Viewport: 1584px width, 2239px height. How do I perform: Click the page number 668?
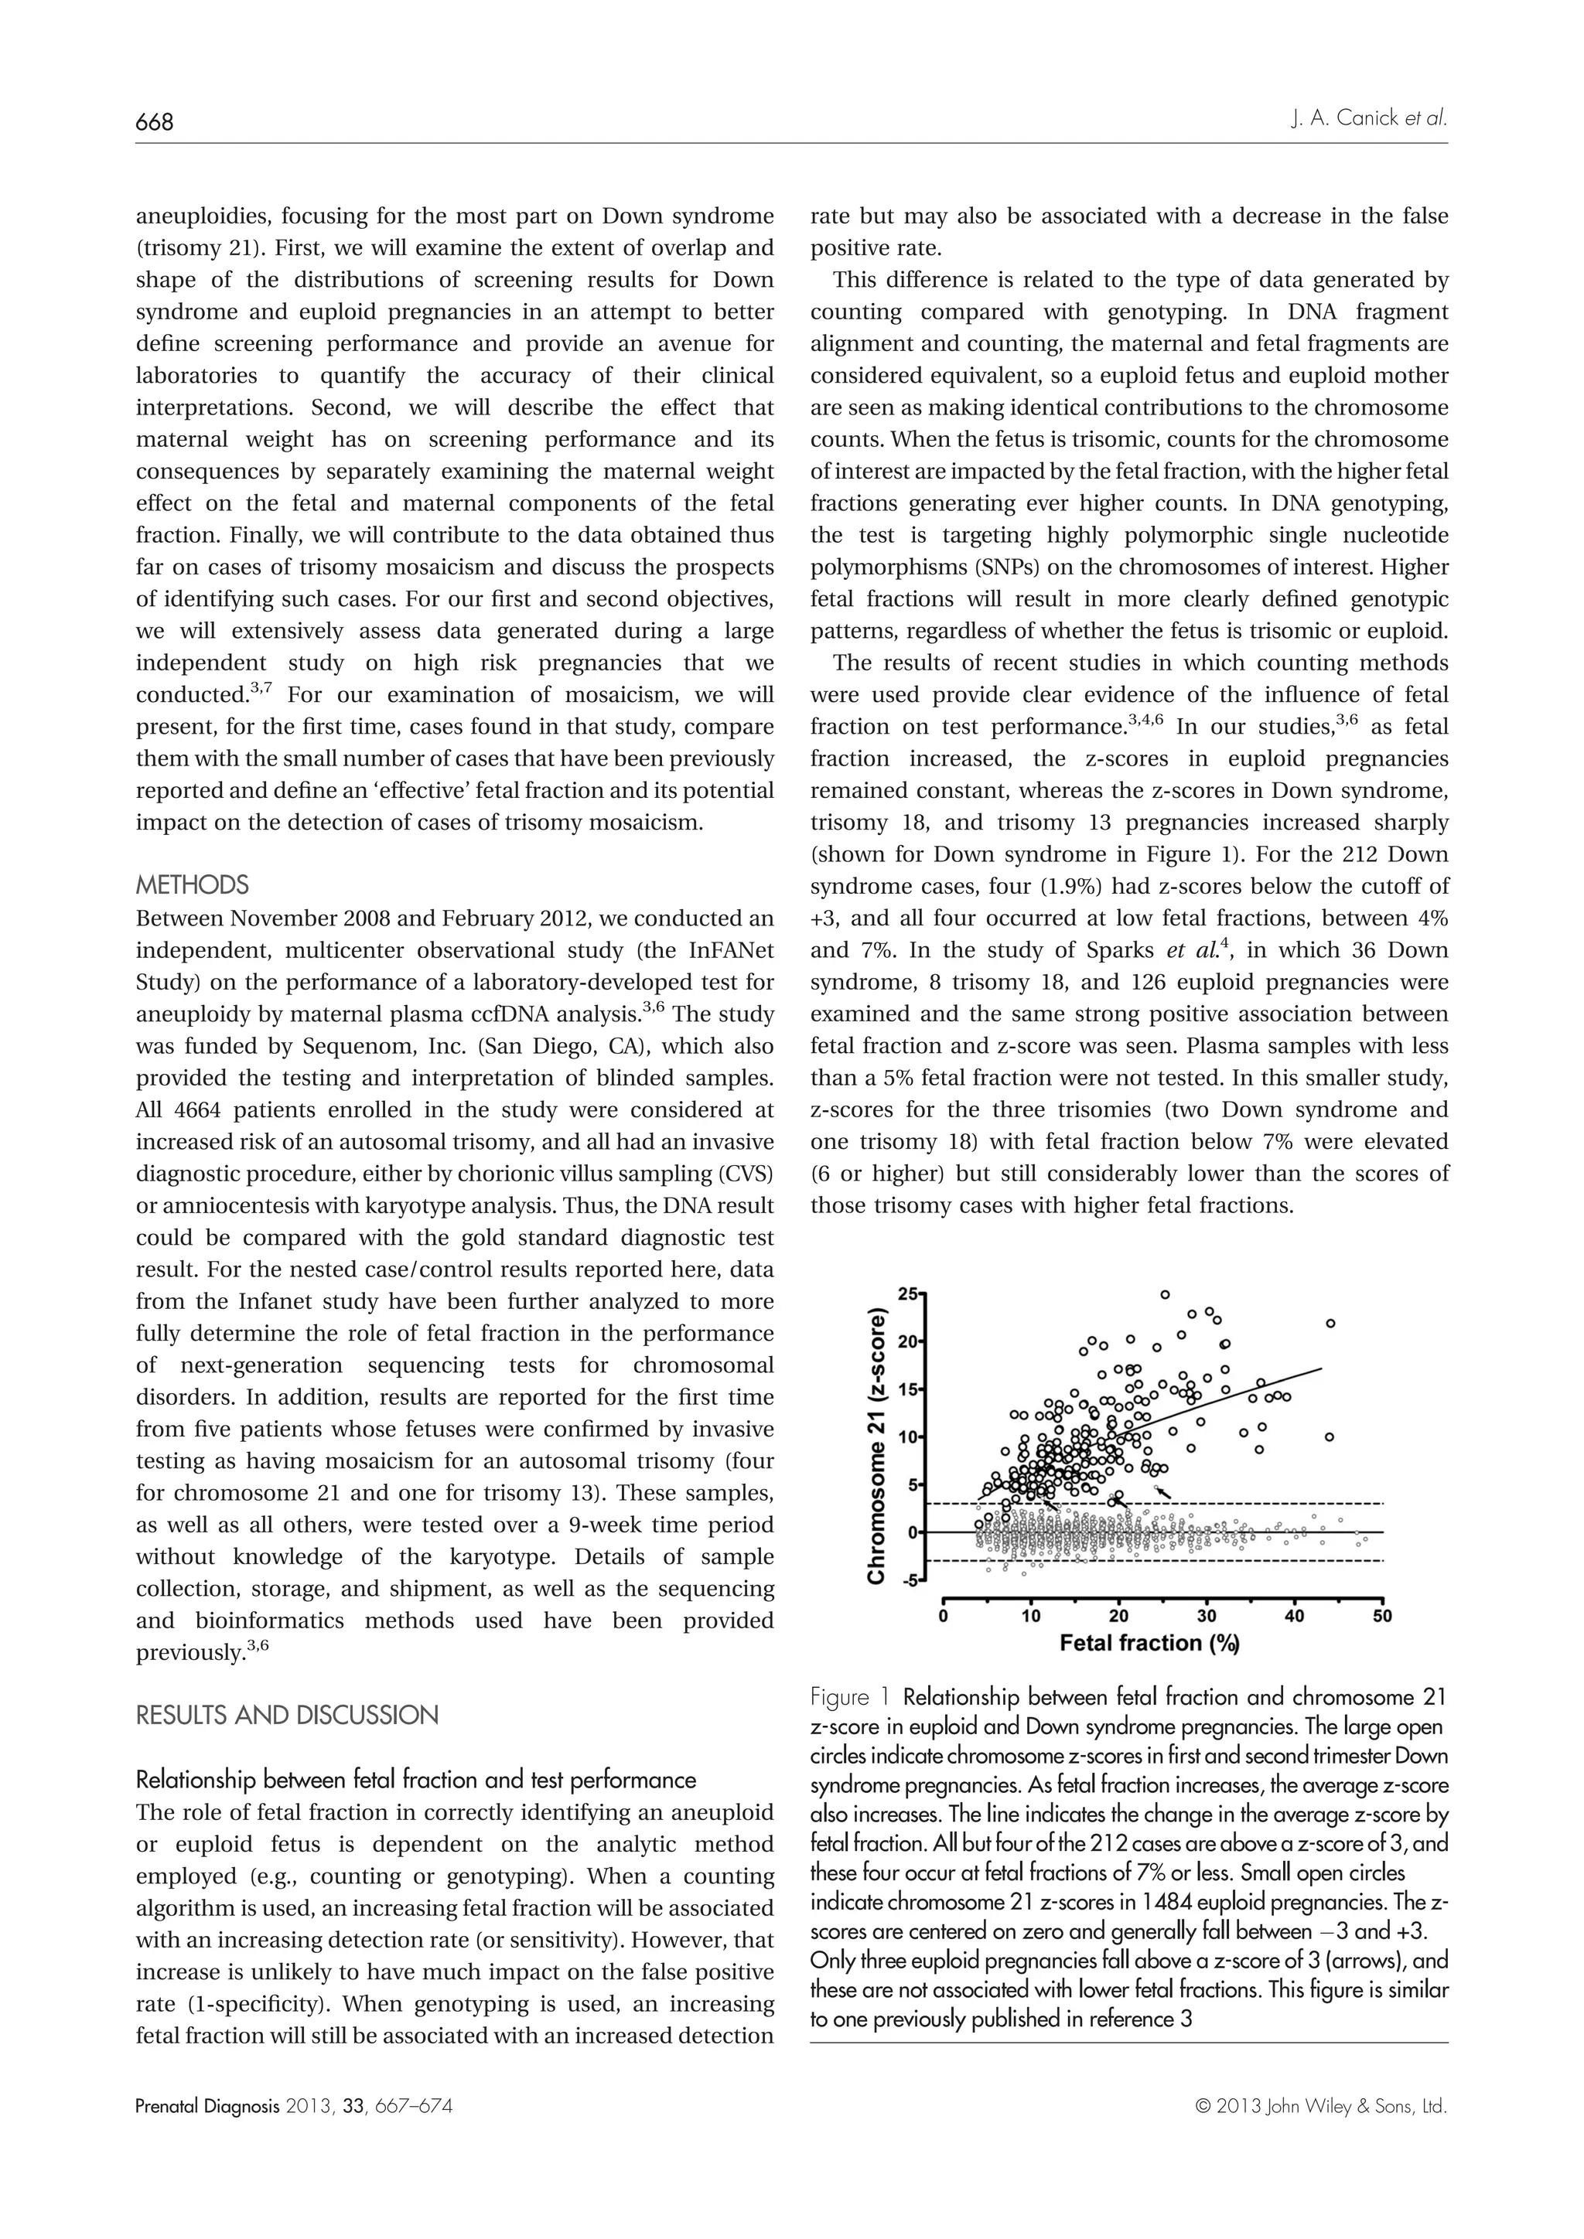pyautogui.click(x=153, y=123)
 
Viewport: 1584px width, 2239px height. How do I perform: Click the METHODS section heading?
pyautogui.click(x=192, y=885)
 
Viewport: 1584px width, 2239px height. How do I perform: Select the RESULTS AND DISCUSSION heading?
pyautogui.click(x=287, y=1716)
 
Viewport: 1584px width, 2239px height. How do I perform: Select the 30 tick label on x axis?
pyautogui.click(x=1207, y=1616)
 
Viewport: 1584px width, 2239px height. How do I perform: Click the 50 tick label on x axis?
pyautogui.click(x=1382, y=1616)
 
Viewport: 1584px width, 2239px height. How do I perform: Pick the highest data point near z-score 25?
pyautogui.click(x=1165, y=1294)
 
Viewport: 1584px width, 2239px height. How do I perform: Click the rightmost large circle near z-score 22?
pyautogui.click(x=1330, y=1324)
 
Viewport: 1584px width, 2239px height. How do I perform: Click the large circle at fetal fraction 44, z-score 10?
pyautogui.click(x=1330, y=1436)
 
